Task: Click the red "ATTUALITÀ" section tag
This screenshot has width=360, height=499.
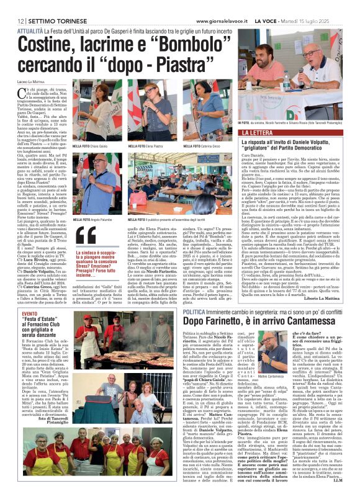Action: [30, 29]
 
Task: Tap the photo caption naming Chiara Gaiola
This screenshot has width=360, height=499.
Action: [93, 146]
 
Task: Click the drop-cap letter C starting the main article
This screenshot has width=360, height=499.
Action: [24, 94]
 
